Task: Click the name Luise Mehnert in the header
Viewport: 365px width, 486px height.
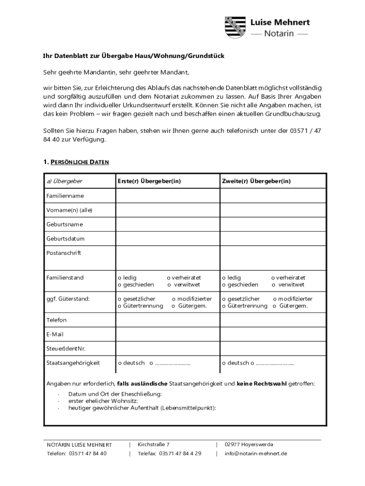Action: tap(280, 22)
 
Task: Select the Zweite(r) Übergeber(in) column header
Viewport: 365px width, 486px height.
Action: tap(256, 181)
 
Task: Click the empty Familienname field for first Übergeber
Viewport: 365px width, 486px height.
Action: tap(167, 196)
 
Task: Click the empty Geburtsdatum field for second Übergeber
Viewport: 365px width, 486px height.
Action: tap(273, 238)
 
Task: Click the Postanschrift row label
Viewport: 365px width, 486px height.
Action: tap(64, 253)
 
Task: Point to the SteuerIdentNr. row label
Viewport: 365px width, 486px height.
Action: tap(65, 349)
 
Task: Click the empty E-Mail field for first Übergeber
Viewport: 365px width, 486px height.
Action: tap(167, 334)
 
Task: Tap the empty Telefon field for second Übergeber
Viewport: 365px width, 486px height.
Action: tap(273, 320)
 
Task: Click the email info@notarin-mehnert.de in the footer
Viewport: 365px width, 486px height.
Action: tap(255, 453)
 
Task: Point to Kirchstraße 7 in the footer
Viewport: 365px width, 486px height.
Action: tap(154, 445)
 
